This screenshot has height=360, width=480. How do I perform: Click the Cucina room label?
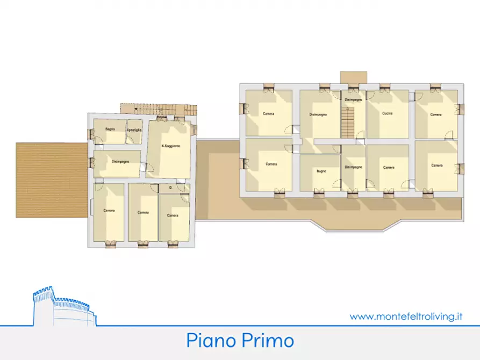coord(388,114)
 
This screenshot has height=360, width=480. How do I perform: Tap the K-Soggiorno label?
coord(171,146)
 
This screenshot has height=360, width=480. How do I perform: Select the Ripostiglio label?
coord(134,129)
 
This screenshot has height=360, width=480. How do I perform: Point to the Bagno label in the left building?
coord(110,129)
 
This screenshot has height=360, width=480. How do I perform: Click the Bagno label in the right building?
coord(321,171)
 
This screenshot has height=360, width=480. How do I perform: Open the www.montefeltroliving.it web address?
coord(406,316)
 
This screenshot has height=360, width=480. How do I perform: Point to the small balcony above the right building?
coord(354,77)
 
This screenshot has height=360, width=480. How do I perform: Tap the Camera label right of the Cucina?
coord(436,114)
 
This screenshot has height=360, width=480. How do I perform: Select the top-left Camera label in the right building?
coord(269,114)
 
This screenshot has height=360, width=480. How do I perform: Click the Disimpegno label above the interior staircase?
coord(353,100)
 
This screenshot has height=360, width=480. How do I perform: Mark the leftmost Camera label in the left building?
coord(109,210)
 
